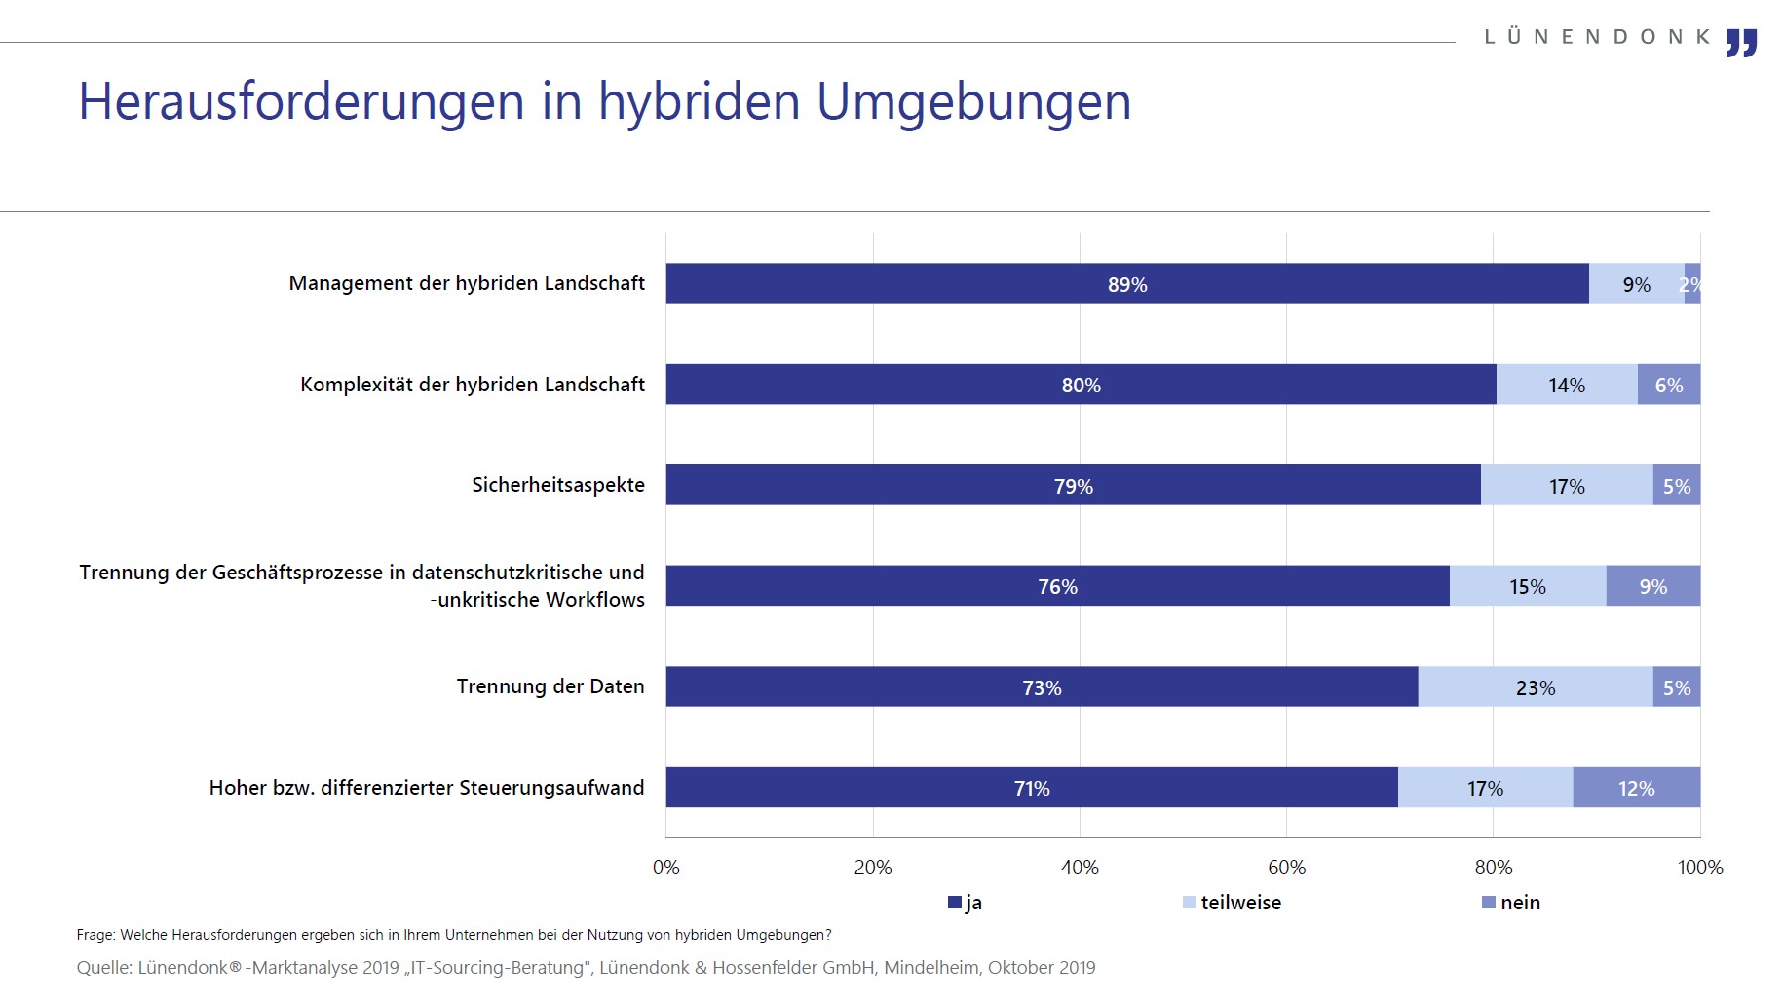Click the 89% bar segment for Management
pyautogui.click(x=1127, y=284)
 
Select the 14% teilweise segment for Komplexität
pyautogui.click(x=1567, y=385)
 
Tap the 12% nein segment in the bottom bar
pyautogui.click(x=1636, y=788)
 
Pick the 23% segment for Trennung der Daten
pyautogui.click(x=1536, y=687)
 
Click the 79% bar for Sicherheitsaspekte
pyautogui.click(x=1073, y=486)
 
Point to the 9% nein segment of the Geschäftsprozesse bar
pyautogui.click(x=1652, y=586)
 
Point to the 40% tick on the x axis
pyautogui.click(x=1080, y=868)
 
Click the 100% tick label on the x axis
pyautogui.click(x=1700, y=868)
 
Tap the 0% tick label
pyautogui.click(x=666, y=868)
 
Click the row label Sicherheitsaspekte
pyautogui.click(x=558, y=485)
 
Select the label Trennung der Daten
pyautogui.click(x=550, y=686)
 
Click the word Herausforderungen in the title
pyautogui.click(x=301, y=101)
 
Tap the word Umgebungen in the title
pyautogui.click(x=973, y=101)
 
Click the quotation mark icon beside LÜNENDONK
pyautogui.click(x=1741, y=43)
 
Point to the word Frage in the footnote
pyautogui.click(x=95, y=935)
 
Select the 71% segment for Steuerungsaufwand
pyautogui.click(x=1032, y=788)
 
